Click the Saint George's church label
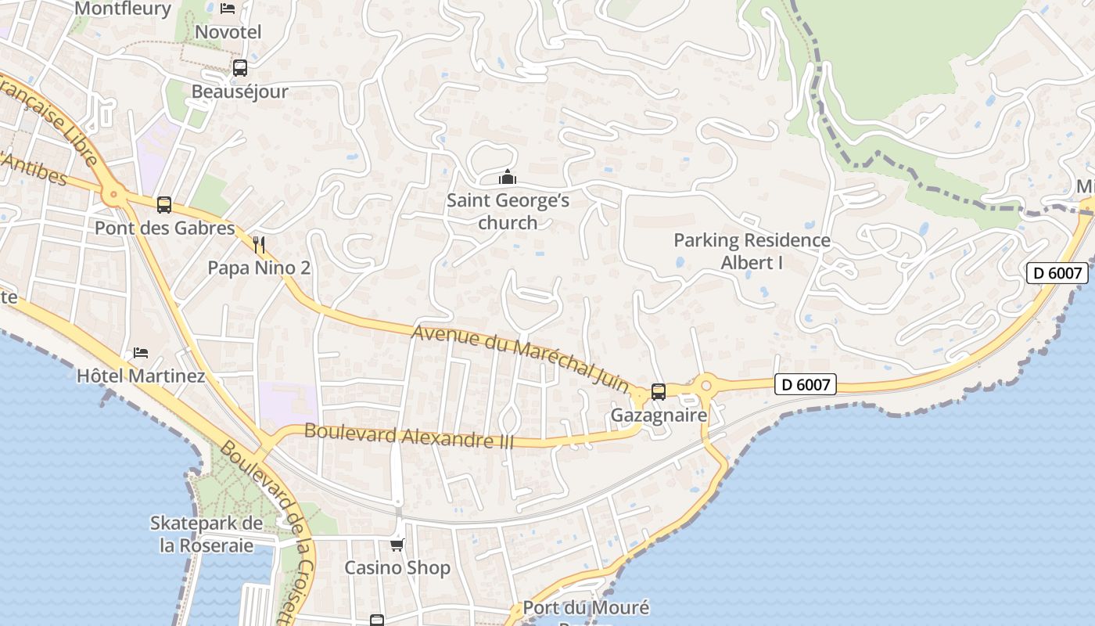(508, 211)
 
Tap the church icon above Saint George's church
(508, 178)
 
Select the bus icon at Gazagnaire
(659, 392)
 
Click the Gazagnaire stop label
(659, 415)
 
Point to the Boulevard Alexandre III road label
(409, 436)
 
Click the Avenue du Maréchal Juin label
(520, 358)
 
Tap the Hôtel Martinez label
(141, 376)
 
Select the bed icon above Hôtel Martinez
(141, 353)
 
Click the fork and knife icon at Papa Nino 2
(260, 245)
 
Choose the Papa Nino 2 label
(259, 268)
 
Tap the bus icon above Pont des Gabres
(163, 205)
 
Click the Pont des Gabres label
(164, 228)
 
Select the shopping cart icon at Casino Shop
(397, 545)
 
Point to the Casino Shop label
(397, 568)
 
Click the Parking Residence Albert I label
(752, 251)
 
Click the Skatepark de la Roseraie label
(206, 534)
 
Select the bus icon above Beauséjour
(239, 68)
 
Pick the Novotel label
(228, 32)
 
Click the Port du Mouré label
(586, 608)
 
